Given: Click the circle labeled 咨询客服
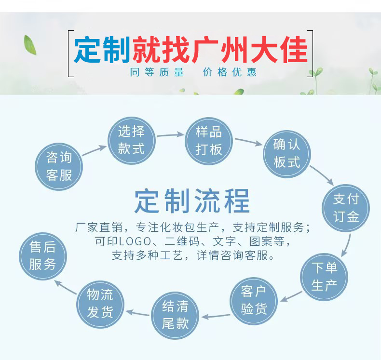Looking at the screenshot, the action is point(59,166).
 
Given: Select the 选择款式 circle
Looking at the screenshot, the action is point(131,140).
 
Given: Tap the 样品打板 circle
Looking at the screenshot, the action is point(209,141).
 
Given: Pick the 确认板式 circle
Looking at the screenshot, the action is point(287,153).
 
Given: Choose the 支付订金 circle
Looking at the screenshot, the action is point(345,207).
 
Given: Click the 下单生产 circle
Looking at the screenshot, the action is point(324,276).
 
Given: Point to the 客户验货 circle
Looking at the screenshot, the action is point(254,300).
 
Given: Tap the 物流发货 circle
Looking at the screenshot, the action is point(100,304).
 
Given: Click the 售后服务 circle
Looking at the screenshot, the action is point(42,256).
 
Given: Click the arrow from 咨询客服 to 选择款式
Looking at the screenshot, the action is point(94,150).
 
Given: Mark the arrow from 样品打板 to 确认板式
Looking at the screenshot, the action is point(248,142).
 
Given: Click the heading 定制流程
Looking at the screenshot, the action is point(192,201).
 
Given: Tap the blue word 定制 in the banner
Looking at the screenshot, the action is point(102,50).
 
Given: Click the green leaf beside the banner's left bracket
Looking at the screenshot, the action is point(30,44).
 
